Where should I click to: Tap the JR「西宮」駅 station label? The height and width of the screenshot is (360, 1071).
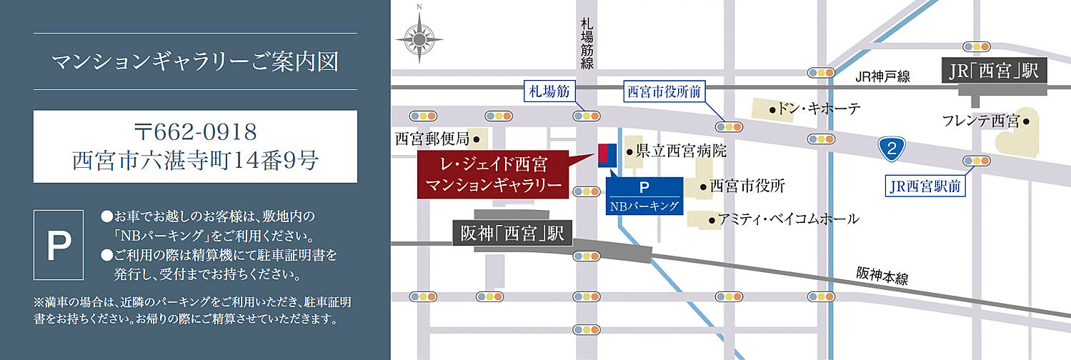click(x=993, y=71)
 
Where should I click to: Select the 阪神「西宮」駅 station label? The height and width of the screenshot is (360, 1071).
click(x=512, y=234)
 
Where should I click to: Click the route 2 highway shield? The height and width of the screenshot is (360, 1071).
click(x=891, y=149)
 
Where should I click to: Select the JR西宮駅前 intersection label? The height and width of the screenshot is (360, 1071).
click(x=925, y=186)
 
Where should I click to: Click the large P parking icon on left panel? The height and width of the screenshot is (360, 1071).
click(x=59, y=245)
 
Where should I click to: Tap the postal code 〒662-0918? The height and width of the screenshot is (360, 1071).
click(x=195, y=131)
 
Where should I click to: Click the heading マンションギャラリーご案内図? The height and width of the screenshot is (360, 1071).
click(x=195, y=61)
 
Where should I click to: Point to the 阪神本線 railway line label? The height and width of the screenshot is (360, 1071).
click(x=882, y=276)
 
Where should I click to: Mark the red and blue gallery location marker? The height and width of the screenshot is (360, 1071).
click(x=607, y=155)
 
